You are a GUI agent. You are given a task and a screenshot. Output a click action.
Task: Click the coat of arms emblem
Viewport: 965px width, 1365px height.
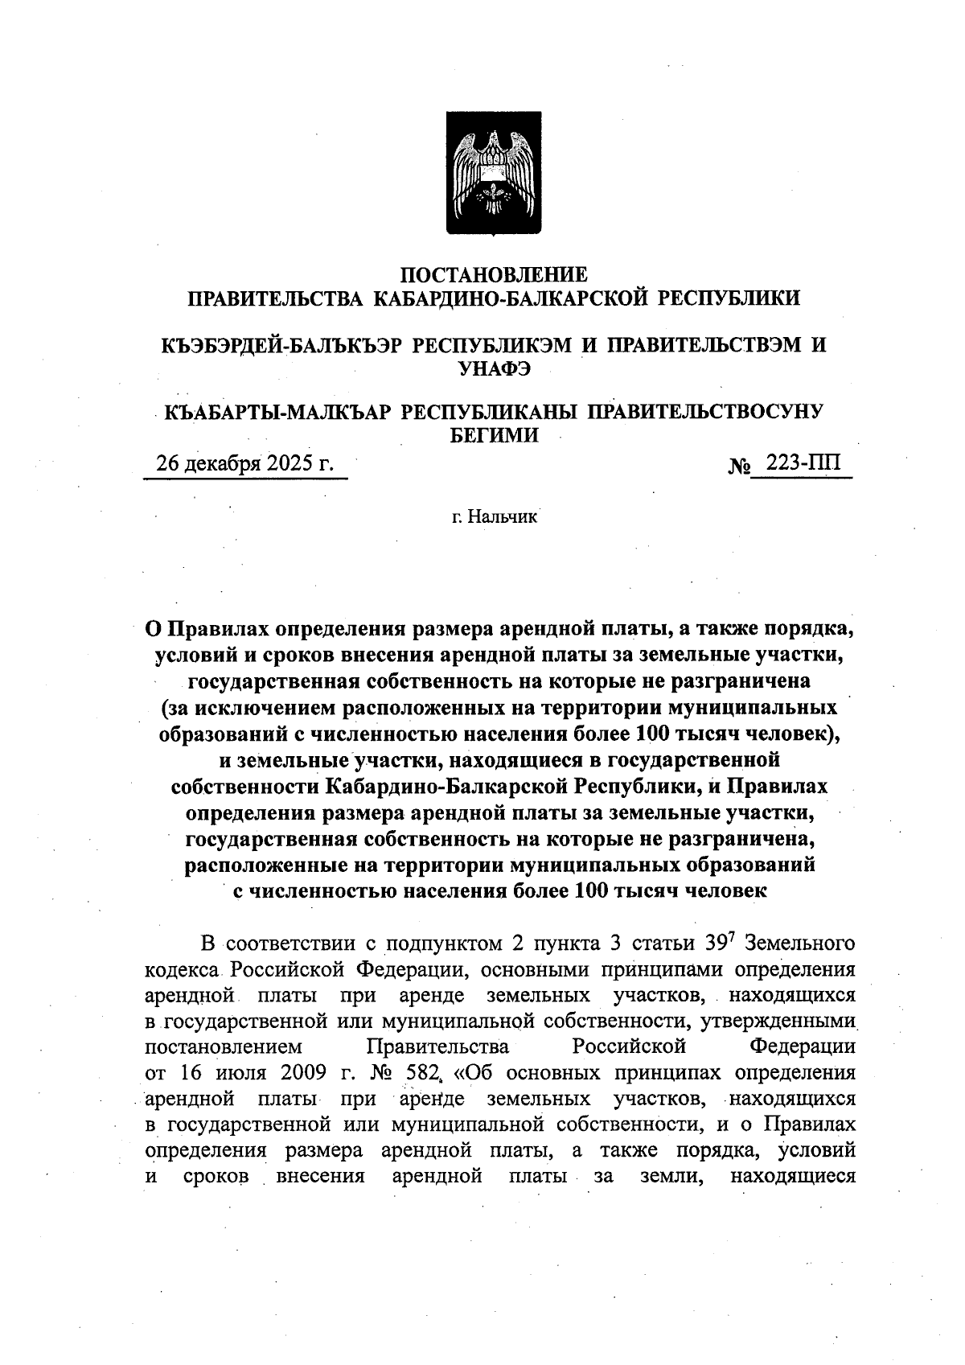coord(494,174)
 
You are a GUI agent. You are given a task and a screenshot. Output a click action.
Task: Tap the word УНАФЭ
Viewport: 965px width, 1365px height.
coord(494,368)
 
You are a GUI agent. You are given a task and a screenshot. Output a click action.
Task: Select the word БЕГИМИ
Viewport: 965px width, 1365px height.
coord(493,435)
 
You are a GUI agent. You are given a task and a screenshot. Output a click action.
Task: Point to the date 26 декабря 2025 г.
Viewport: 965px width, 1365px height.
coord(244,464)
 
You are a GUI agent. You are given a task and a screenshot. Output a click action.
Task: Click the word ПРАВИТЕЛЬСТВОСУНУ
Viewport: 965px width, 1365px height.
coord(707,412)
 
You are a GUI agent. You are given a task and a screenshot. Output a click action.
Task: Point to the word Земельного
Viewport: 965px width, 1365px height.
coord(801,942)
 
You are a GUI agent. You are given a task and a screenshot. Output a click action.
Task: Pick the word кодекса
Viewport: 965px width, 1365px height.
coord(181,968)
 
